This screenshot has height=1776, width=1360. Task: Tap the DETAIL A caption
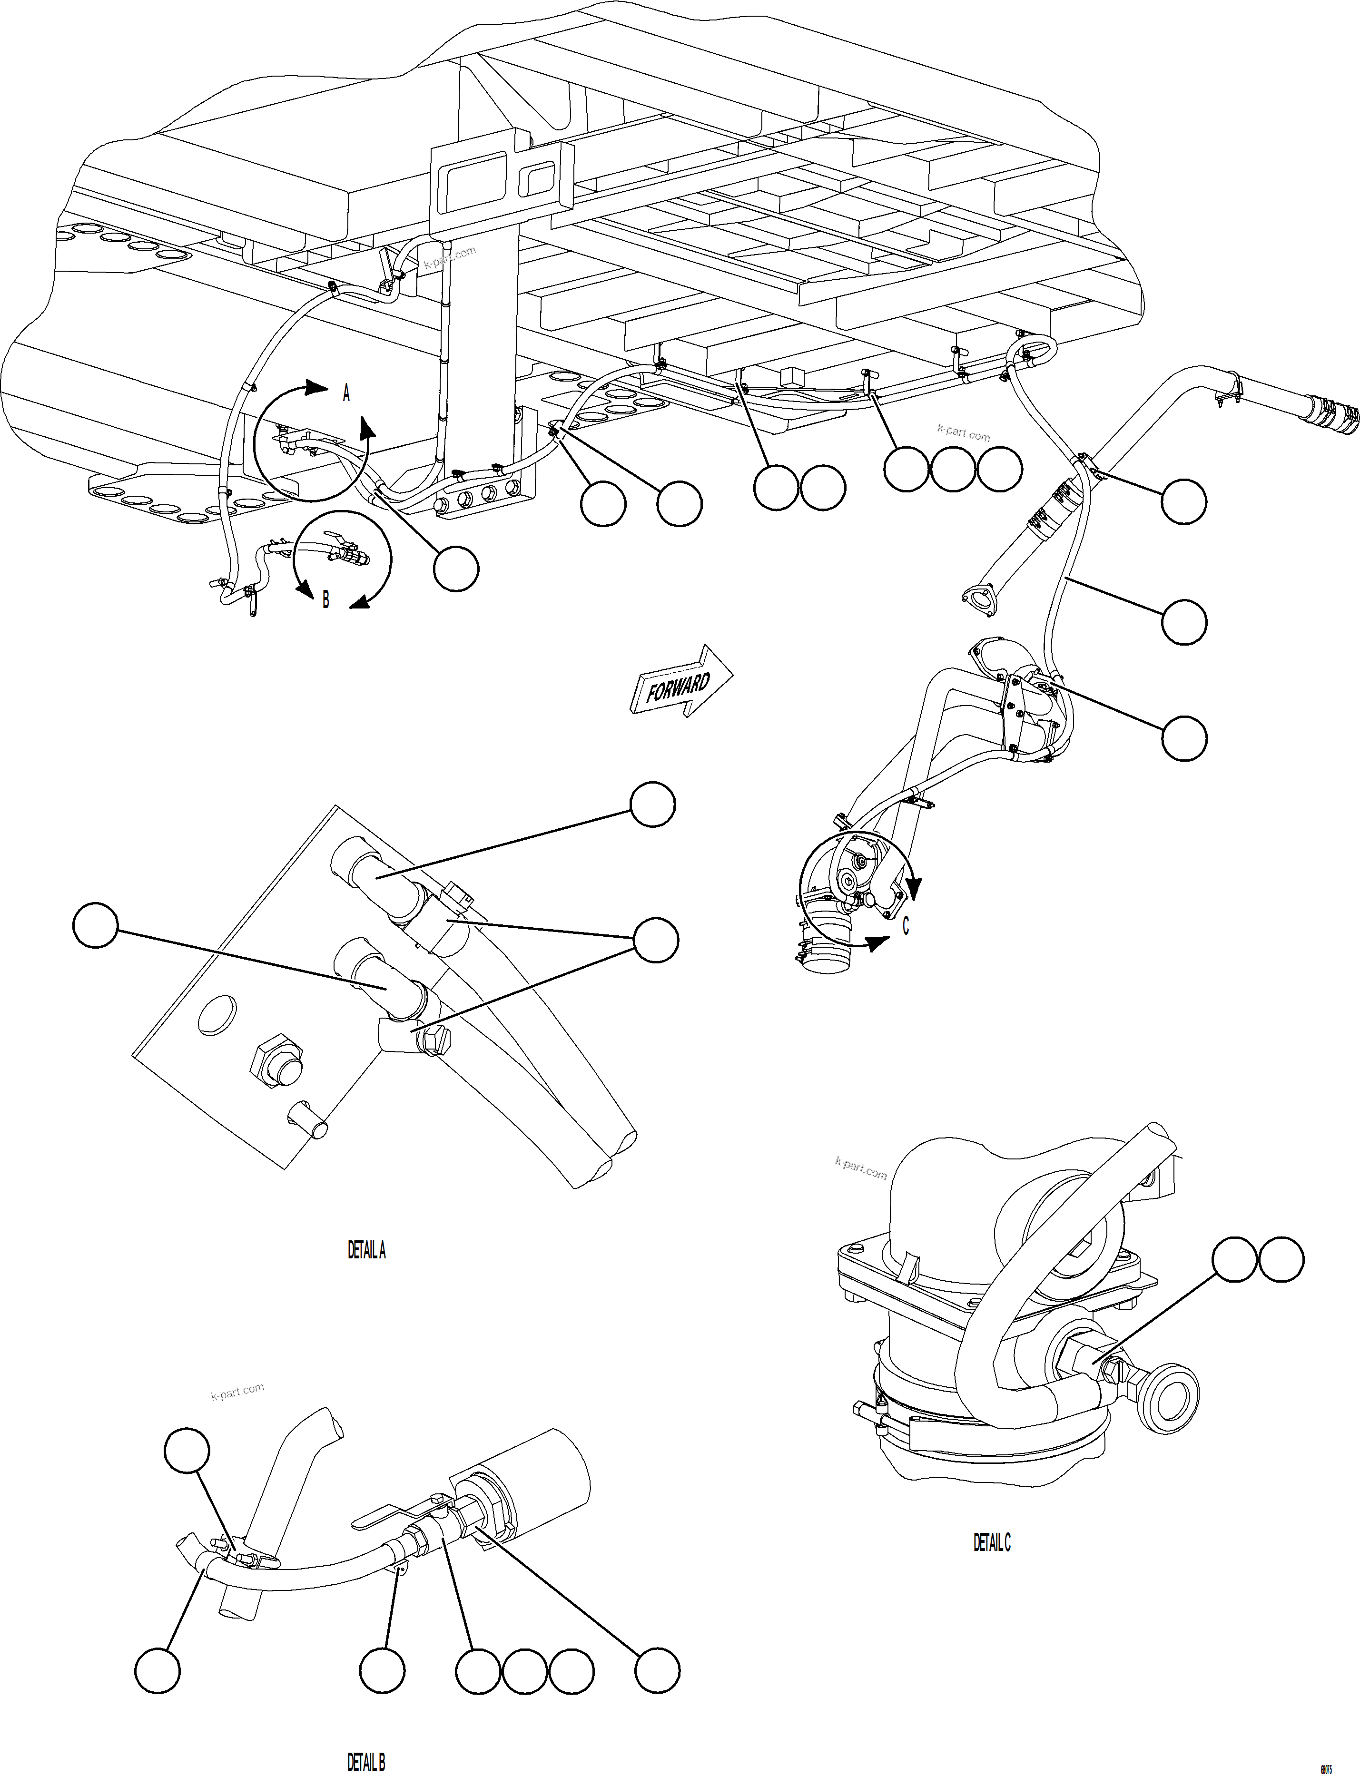pos(367,1251)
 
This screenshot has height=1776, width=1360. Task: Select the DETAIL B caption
pos(366,1761)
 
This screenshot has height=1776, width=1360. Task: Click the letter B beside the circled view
pos(325,600)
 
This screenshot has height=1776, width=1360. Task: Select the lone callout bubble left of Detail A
pos(96,926)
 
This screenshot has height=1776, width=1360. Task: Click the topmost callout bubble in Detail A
pos(652,804)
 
